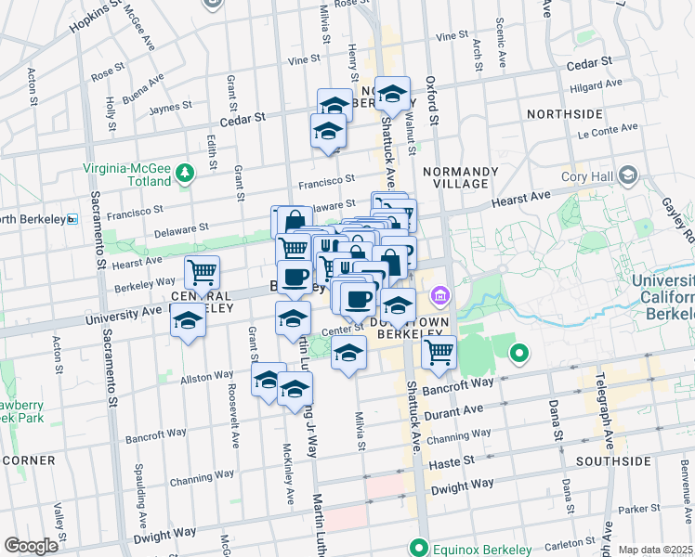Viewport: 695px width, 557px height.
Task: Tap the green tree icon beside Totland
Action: coord(185,173)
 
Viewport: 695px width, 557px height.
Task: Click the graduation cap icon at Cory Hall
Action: coord(629,175)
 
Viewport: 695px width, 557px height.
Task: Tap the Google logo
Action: coord(31,546)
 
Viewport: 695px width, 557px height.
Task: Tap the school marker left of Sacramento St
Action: coord(189,322)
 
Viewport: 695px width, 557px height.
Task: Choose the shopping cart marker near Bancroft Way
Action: coord(438,354)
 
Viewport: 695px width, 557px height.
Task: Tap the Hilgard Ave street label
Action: coord(597,85)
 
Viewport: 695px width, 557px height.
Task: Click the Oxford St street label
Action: coord(433,97)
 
